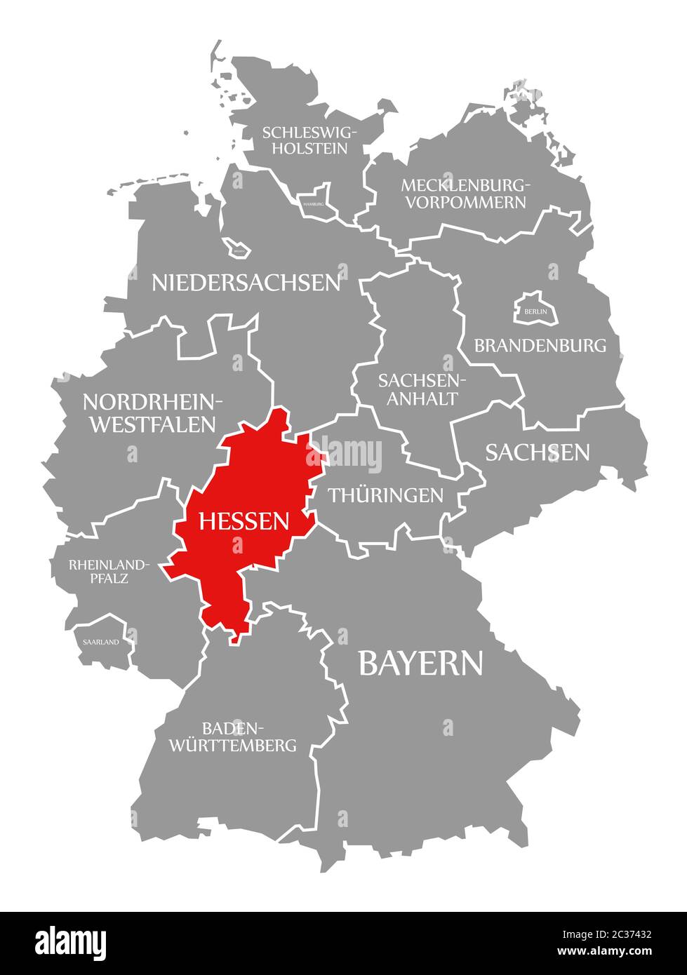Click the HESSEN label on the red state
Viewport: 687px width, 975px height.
[x=244, y=520]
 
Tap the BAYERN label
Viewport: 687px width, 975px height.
[x=420, y=663]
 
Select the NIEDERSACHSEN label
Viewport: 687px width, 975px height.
[x=246, y=283]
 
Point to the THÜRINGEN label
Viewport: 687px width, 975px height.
[x=385, y=495]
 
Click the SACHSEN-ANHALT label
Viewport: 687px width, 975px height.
[x=418, y=389]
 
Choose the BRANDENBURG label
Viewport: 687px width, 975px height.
[x=540, y=345]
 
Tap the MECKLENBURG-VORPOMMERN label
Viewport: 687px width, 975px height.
[x=463, y=194]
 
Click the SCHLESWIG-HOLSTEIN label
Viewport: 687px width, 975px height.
[x=310, y=140]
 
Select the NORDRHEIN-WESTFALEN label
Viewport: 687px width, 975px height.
[x=152, y=412]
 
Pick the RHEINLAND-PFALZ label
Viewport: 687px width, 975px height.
[x=108, y=572]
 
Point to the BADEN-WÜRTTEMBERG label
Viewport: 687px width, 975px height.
[x=232, y=736]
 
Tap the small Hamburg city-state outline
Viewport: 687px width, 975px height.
[x=314, y=201]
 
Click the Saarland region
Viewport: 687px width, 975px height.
[x=100, y=641]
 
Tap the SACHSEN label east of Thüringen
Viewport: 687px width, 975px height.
[x=538, y=452]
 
